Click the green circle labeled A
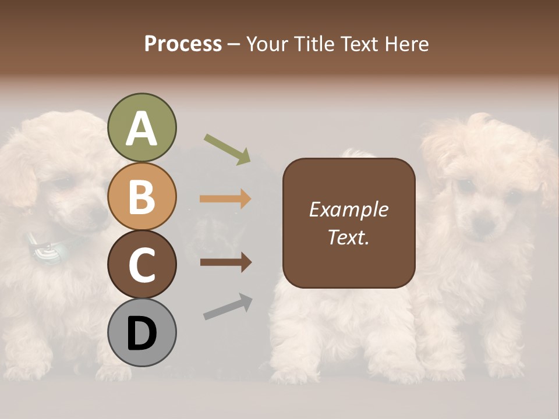tap(141, 127)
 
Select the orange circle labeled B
tap(141, 196)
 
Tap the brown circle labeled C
tap(141, 264)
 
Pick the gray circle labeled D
tap(141, 333)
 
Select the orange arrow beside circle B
tap(225, 199)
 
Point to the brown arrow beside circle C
tap(225, 262)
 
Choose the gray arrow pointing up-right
tap(228, 306)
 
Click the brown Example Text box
tap(349, 223)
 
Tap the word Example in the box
tap(348, 210)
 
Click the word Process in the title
tap(183, 44)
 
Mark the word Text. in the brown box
tap(348, 237)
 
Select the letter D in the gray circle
tap(141, 334)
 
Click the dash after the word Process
tap(233, 45)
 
